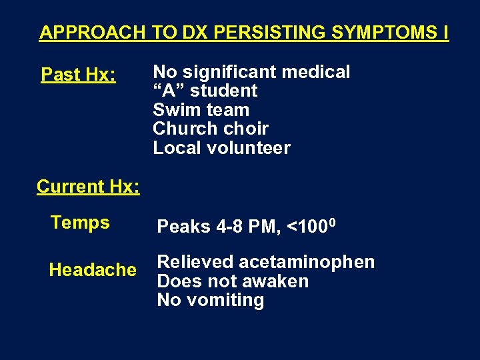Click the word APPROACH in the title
[x=92, y=32]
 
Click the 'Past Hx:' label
[x=79, y=75]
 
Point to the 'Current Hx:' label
[x=88, y=187]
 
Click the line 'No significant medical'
[x=251, y=72]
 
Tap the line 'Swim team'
[x=201, y=110]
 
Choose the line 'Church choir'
[x=211, y=129]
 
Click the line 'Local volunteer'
[x=221, y=148]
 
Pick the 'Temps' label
[x=80, y=223]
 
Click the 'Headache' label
[x=93, y=270]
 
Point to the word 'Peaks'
[x=183, y=227]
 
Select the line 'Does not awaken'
[x=233, y=281]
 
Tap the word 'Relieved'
[x=195, y=262]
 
